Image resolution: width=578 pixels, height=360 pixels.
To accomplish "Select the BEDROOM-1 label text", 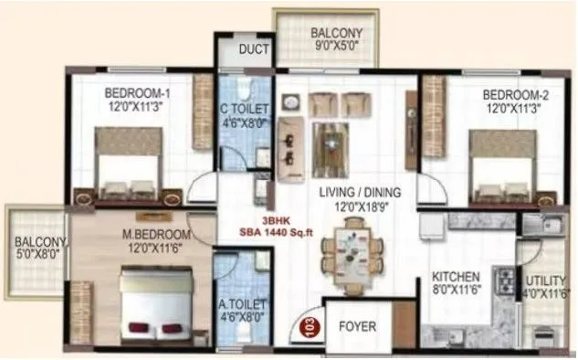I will [x=137, y=99].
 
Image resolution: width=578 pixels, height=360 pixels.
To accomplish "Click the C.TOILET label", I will [x=245, y=116].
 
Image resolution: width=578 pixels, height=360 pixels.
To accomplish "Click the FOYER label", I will [x=357, y=326].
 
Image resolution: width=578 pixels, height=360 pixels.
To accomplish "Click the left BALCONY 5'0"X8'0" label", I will [x=37, y=249].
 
